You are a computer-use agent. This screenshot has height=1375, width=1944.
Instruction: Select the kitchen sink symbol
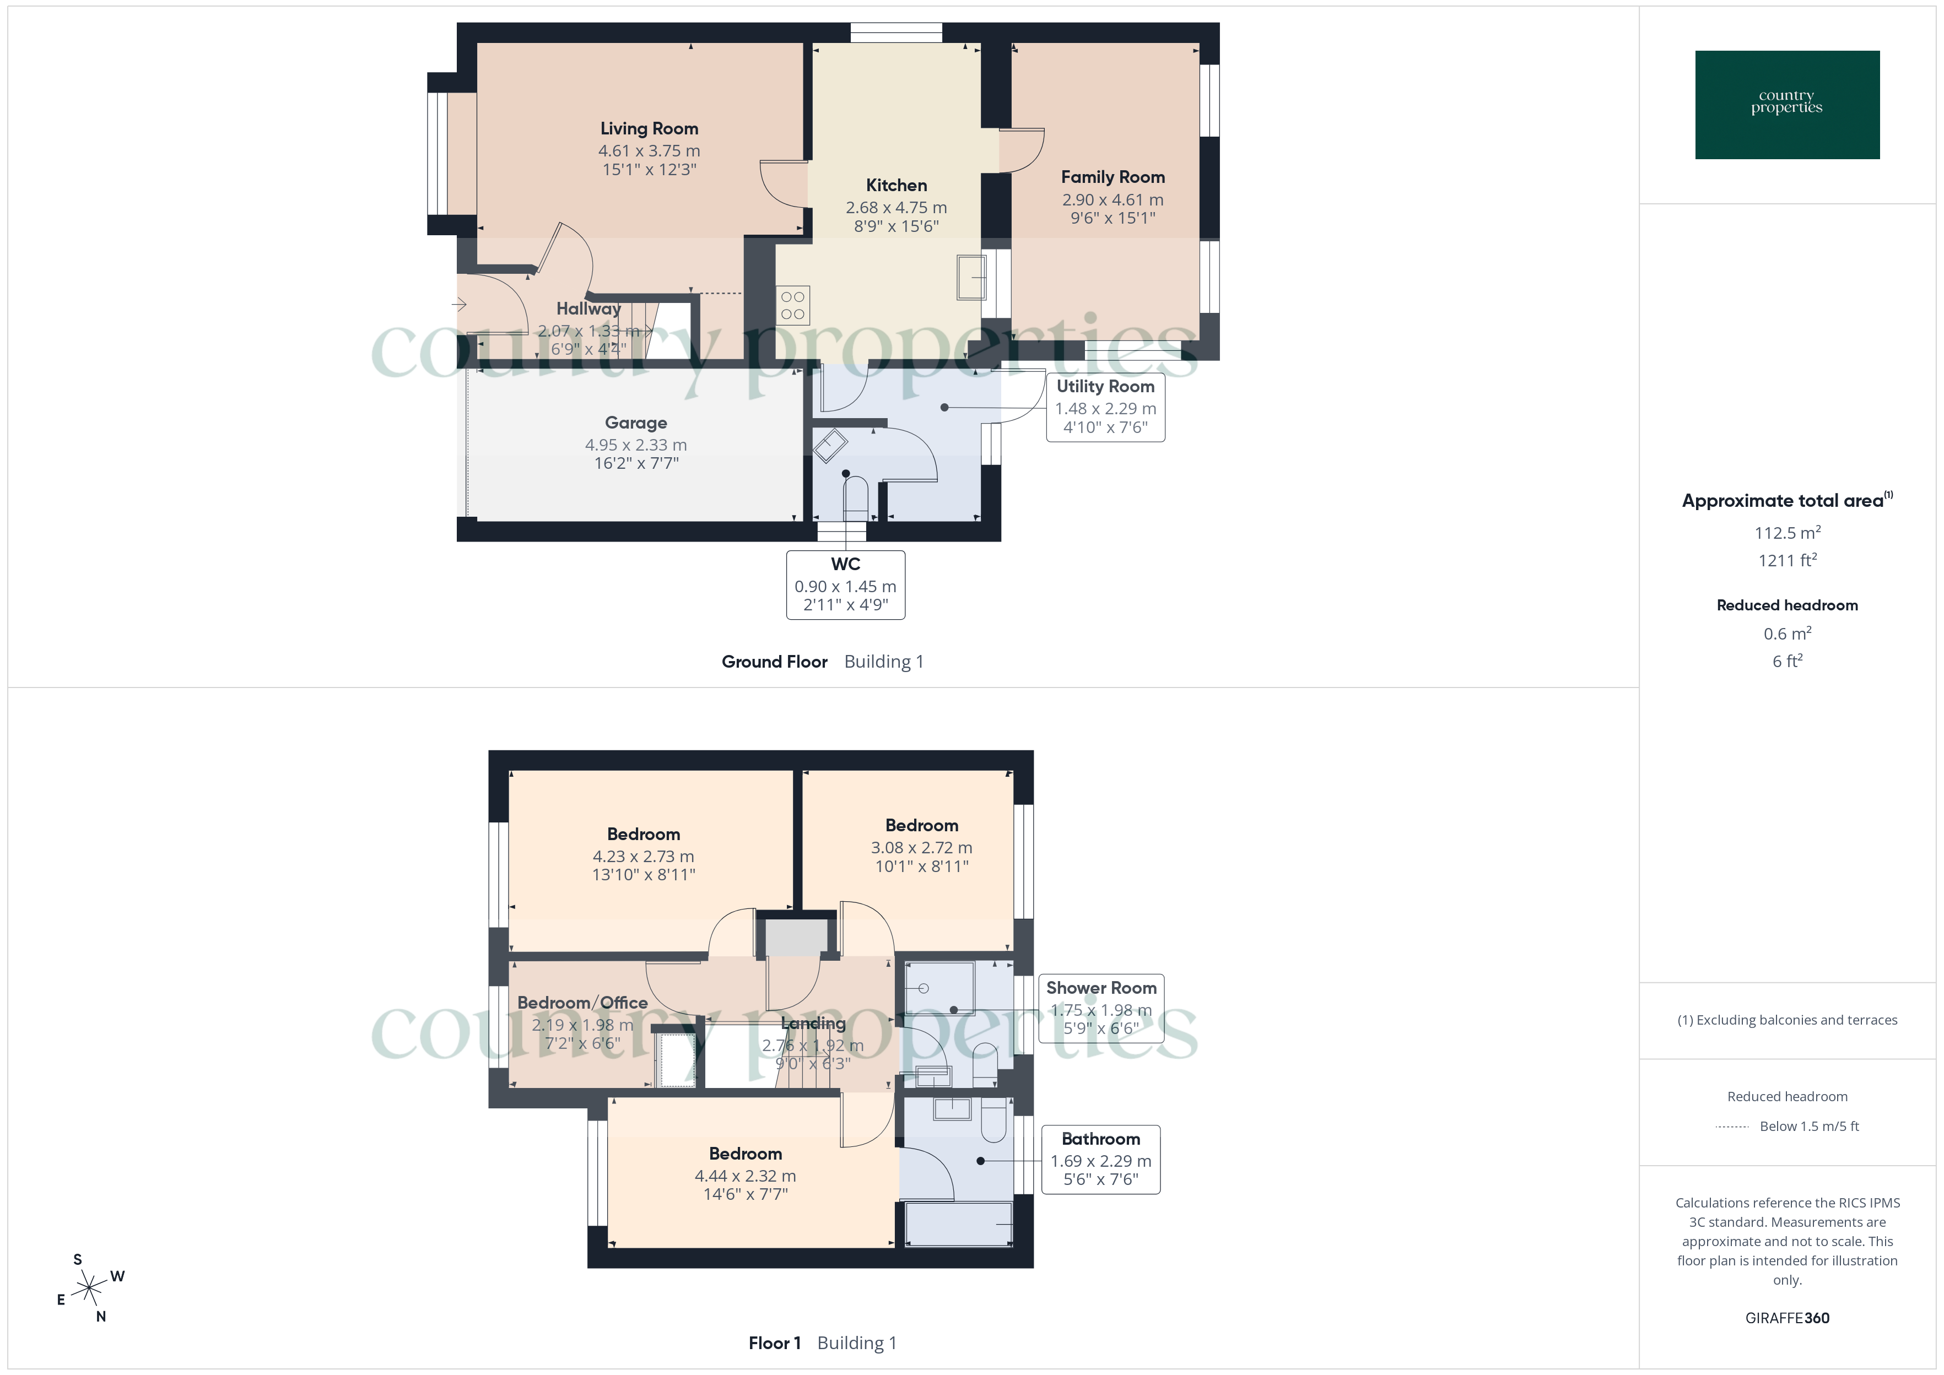click(971, 277)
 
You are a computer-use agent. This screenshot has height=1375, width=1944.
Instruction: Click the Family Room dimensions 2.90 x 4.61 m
click(1112, 200)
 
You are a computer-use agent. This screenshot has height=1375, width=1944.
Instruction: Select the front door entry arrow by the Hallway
click(460, 304)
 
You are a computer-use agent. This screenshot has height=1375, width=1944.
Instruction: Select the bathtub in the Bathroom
click(958, 1224)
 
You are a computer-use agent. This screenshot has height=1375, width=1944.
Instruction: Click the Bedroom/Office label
click(582, 1003)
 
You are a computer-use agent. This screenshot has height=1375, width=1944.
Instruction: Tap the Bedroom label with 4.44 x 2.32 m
click(745, 1153)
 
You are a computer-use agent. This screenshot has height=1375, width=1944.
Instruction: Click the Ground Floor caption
click(774, 662)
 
